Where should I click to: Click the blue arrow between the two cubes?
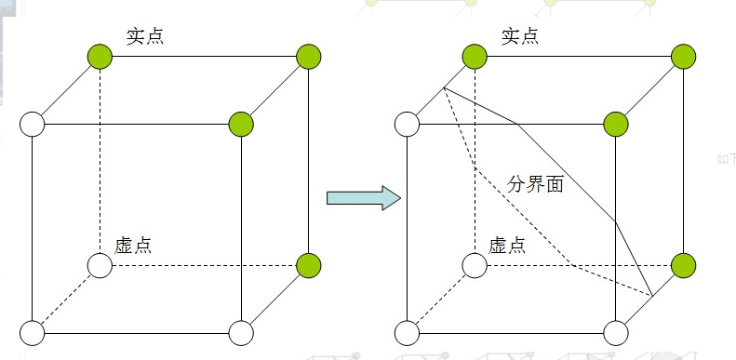[363, 197]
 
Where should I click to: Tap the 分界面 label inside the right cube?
[536, 184]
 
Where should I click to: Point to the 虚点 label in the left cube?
[133, 247]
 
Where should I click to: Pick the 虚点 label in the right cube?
[507, 247]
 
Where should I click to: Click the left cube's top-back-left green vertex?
[100, 57]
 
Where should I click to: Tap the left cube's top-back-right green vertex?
[309, 57]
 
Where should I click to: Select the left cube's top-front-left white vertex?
[33, 123]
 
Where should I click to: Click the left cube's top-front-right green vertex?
[241, 123]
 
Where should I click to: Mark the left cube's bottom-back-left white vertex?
[100, 266]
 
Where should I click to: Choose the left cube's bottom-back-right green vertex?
[309, 266]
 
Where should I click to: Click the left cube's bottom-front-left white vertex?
[33, 332]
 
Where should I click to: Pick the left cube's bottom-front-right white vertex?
[241, 332]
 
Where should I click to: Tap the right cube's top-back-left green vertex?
[475, 57]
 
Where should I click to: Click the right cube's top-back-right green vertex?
[683, 57]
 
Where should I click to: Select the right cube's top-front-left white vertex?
[407, 123]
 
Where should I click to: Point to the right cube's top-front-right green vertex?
[616, 123]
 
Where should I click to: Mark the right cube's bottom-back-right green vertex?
[683, 266]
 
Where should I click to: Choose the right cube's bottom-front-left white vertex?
[407, 332]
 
